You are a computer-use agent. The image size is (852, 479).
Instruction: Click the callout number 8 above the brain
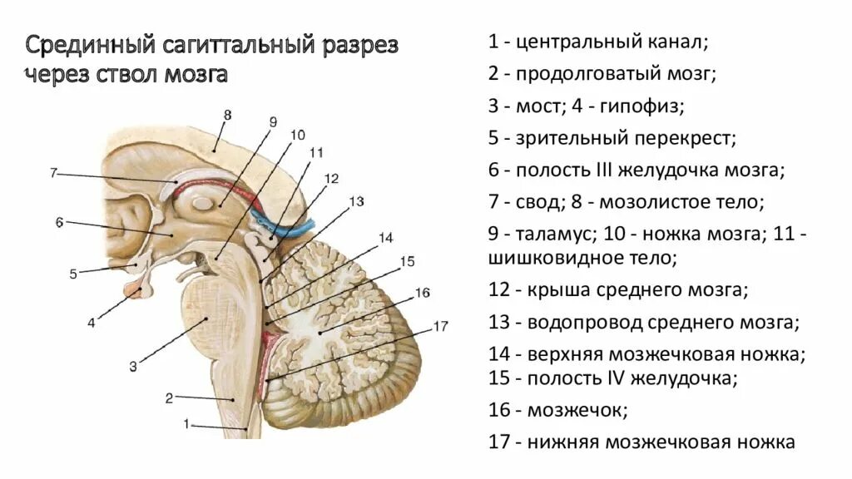(227, 115)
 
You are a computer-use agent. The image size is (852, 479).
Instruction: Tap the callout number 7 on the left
(52, 173)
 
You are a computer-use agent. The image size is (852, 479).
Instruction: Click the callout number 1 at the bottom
(187, 424)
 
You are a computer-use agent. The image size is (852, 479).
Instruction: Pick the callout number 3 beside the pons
(132, 364)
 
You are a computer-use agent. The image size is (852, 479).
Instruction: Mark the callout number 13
(357, 201)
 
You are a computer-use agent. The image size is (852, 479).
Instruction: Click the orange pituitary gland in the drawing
(134, 290)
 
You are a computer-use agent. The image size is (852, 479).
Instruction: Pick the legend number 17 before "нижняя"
(498, 442)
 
